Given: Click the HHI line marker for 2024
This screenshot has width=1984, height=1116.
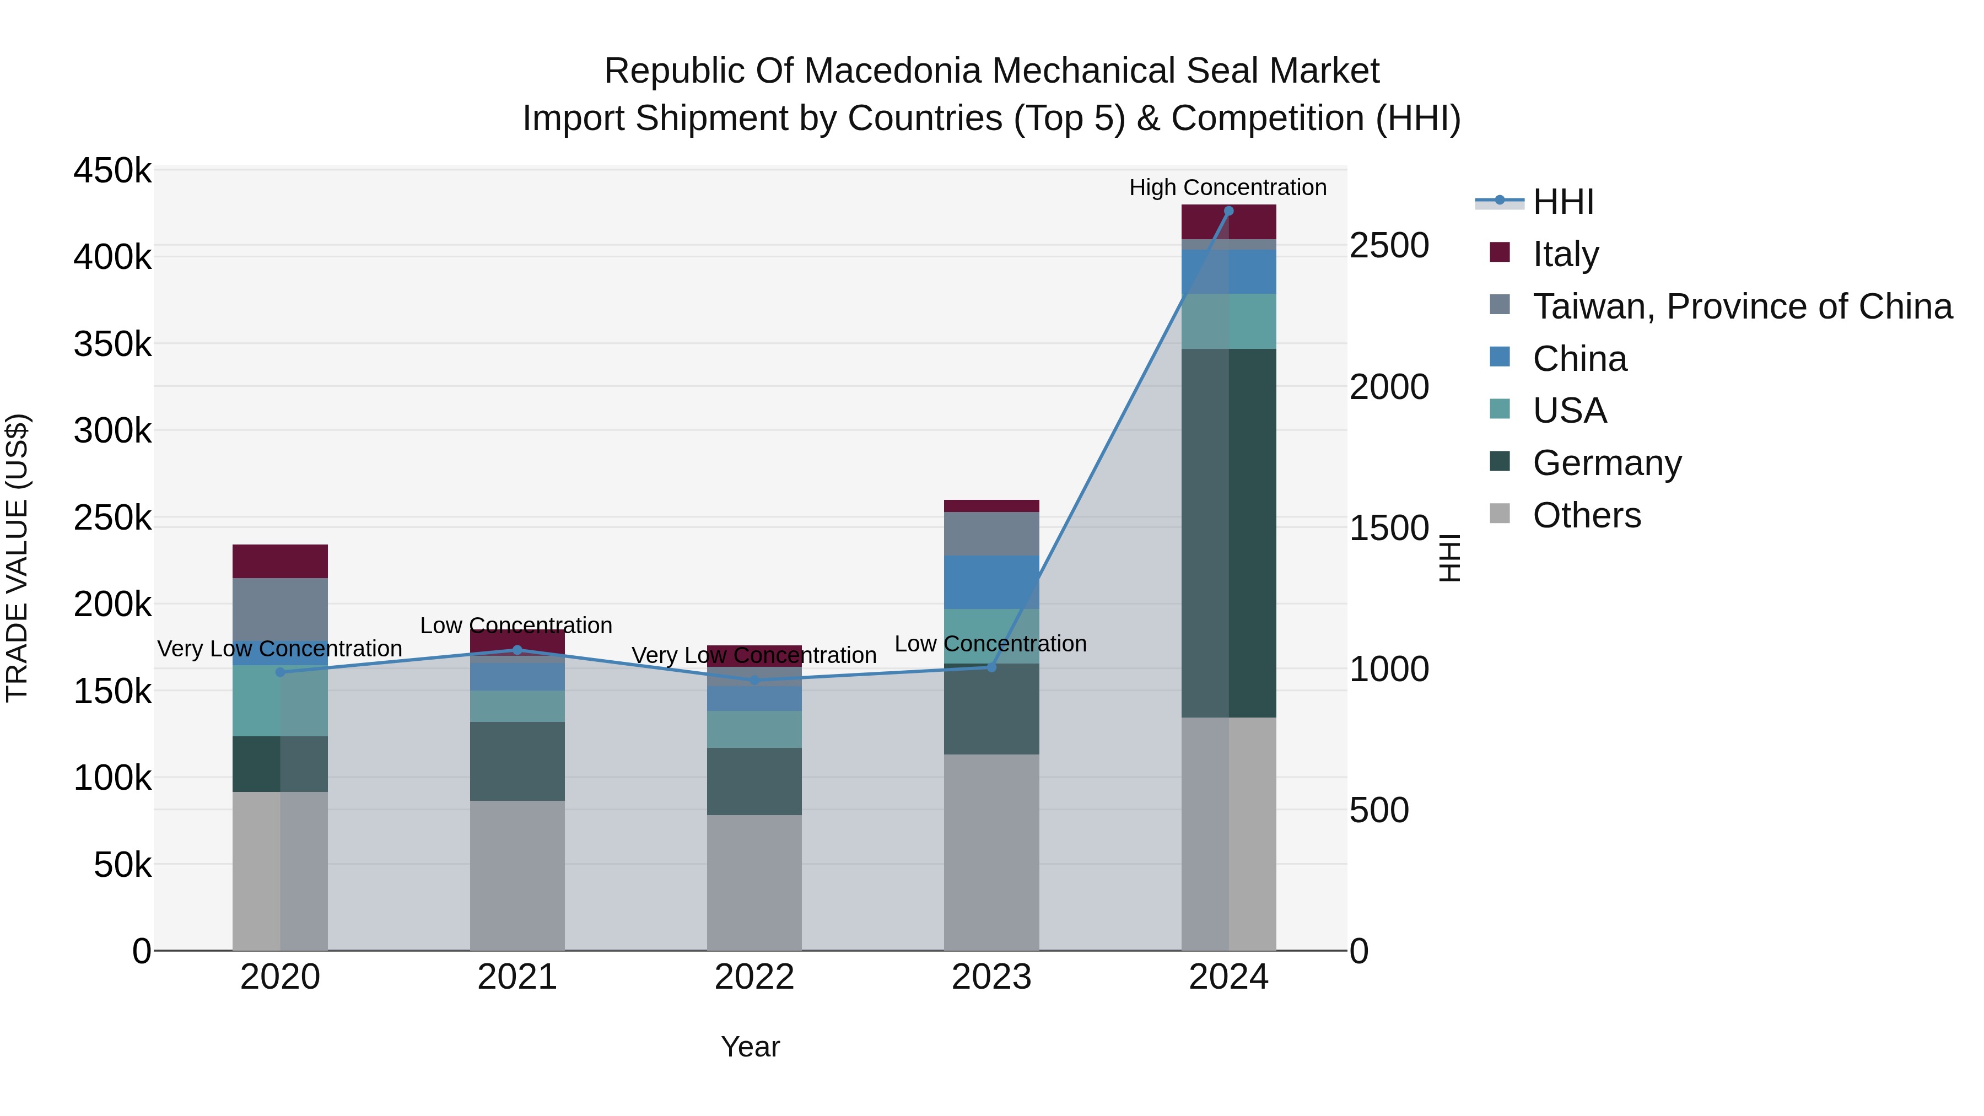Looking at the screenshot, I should (x=1228, y=211).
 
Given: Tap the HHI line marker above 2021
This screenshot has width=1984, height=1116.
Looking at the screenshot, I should (x=517, y=650).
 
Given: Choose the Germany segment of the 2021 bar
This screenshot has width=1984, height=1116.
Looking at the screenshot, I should (x=517, y=761).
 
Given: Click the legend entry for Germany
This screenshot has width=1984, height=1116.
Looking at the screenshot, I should (x=1606, y=463).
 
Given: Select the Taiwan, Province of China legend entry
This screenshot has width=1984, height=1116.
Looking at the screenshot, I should (x=1742, y=306).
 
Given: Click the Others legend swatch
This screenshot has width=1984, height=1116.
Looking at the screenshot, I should (x=1500, y=514).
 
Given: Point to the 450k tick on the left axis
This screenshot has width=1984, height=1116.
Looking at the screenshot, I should (x=112, y=170).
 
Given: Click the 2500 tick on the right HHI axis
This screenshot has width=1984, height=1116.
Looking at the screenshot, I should (x=1389, y=246).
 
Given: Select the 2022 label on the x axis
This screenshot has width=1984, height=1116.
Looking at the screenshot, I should (x=754, y=977).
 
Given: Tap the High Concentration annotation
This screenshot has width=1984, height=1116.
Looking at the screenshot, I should (x=1228, y=187).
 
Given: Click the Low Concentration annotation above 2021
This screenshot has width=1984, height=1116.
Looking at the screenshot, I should (x=516, y=626).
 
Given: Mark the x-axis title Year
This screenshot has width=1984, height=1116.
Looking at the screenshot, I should (x=750, y=1047).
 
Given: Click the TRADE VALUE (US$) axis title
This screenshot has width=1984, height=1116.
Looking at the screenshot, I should (x=17, y=558).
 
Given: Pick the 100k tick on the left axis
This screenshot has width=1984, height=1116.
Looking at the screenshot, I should (x=112, y=778).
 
